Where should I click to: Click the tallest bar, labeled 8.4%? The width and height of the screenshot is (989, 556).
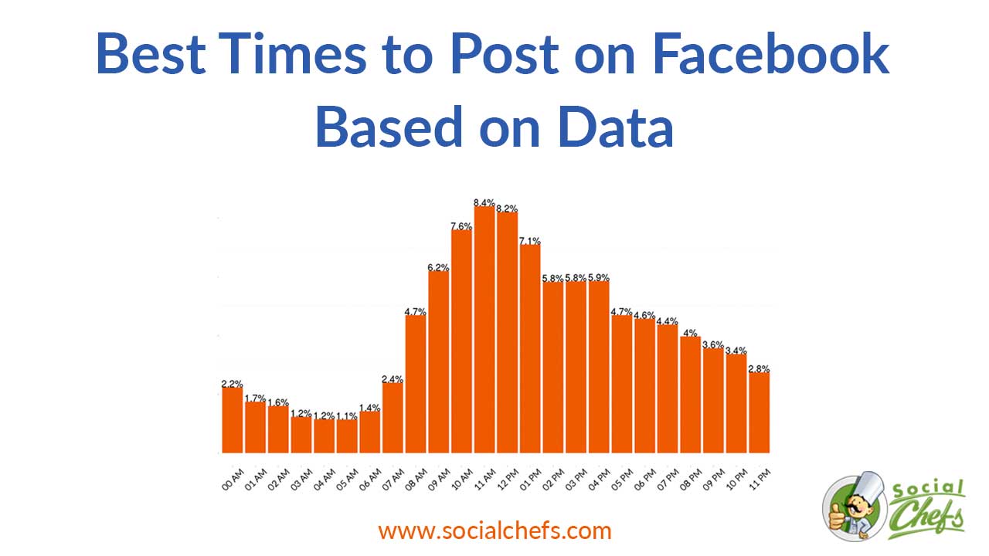(484, 330)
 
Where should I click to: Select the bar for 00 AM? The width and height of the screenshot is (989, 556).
(233, 420)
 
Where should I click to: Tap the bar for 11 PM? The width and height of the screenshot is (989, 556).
(759, 412)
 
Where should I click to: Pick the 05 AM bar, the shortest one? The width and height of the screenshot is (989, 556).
(347, 436)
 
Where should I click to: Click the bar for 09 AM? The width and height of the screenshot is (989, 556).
(439, 362)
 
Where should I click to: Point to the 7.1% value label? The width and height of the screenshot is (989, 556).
(530, 241)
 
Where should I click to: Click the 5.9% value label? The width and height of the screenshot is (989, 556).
(599, 277)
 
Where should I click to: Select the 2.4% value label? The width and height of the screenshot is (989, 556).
(393, 378)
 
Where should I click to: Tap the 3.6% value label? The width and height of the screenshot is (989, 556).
(713, 344)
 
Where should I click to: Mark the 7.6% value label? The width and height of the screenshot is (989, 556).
(461, 226)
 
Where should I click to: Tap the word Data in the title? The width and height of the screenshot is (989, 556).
(616, 128)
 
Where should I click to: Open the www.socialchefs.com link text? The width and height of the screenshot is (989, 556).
(494, 531)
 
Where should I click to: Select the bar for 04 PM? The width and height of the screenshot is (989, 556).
(599, 367)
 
